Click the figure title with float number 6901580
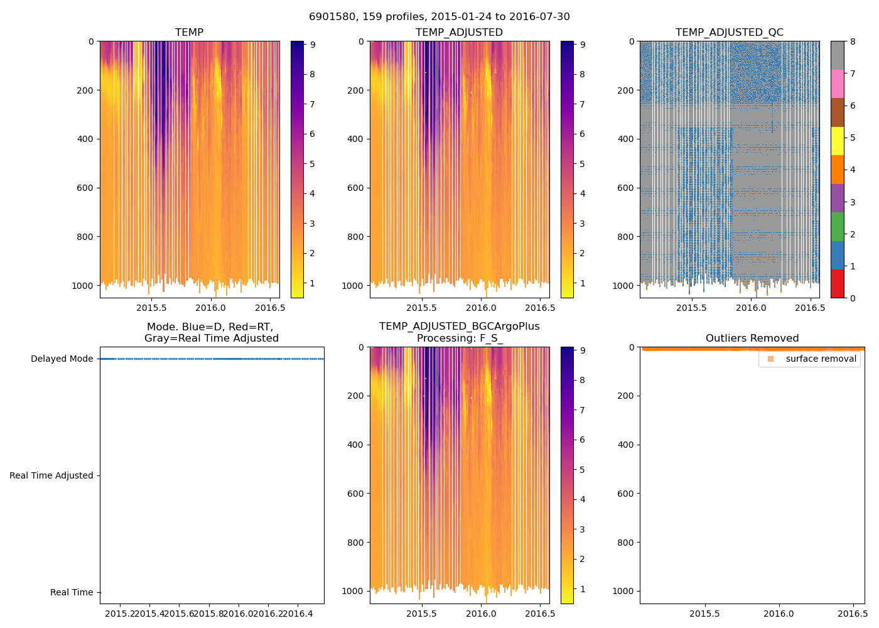click(439, 17)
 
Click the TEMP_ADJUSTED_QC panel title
click(729, 33)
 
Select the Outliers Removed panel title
click(752, 338)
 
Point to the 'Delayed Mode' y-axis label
click(62, 359)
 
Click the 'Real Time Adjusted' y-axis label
click(51, 476)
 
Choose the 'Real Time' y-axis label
click(72, 593)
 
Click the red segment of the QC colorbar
click(837, 283)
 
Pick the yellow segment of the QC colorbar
click(837, 141)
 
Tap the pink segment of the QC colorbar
click(837, 84)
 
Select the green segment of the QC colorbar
click(837, 226)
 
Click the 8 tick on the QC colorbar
click(851, 41)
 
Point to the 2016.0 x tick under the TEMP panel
click(211, 308)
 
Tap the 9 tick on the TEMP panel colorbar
click(312, 45)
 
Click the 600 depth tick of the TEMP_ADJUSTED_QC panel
click(625, 188)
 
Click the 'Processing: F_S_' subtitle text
click(460, 338)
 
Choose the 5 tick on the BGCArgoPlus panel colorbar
click(582, 470)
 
